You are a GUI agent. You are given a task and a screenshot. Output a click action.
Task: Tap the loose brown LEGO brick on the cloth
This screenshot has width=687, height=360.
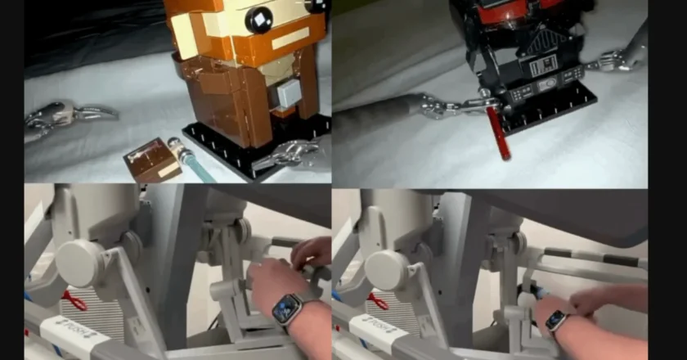152,159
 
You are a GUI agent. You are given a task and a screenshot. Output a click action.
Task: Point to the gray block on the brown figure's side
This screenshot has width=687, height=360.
289,94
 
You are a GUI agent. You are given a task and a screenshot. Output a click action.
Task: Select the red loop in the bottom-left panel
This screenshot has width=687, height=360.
73,301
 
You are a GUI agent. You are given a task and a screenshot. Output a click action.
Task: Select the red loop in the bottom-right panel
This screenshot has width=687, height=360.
377,301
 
